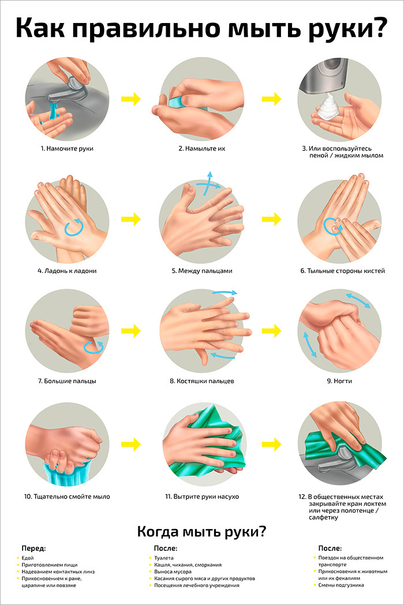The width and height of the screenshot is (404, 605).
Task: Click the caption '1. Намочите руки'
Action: (67, 149)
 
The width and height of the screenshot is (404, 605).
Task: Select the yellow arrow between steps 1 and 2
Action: (131, 99)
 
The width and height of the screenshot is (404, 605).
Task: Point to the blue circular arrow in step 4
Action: (74, 227)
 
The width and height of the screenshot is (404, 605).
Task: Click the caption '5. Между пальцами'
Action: (202, 271)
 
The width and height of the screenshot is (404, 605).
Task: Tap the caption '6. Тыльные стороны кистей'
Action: (342, 271)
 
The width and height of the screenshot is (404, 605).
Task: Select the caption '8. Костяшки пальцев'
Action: (202, 381)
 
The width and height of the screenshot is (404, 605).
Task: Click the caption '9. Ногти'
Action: (339, 381)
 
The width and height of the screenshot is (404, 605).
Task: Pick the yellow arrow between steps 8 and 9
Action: (271, 331)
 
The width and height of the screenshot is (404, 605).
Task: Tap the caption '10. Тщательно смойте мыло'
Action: (67, 497)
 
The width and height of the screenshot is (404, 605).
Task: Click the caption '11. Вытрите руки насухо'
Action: (202, 497)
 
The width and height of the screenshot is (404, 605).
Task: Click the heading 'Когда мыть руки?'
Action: (202, 532)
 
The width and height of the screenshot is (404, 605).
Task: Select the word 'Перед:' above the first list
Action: (33, 549)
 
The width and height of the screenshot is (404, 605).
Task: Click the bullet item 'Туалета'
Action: (164, 558)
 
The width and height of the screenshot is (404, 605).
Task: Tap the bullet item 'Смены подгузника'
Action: (341, 585)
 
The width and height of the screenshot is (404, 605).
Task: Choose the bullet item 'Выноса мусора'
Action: (173, 572)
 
